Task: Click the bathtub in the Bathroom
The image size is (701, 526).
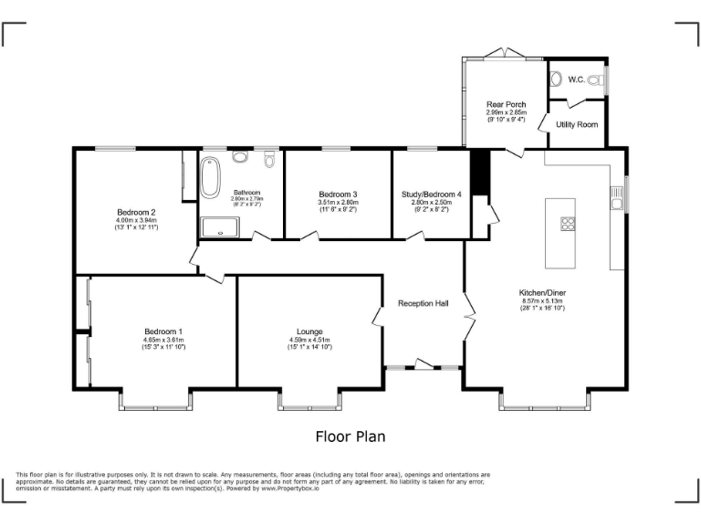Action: tap(211, 178)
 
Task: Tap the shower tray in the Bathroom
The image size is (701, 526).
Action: tap(218, 226)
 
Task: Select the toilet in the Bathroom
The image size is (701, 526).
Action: tap(269, 160)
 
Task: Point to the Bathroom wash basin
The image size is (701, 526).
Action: tap(240, 157)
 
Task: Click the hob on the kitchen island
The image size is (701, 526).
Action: tap(567, 223)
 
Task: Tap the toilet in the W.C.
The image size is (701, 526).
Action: tap(595, 80)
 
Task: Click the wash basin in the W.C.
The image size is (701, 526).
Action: tap(557, 79)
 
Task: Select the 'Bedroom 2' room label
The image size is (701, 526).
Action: tap(135, 212)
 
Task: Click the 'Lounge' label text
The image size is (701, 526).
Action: tap(309, 331)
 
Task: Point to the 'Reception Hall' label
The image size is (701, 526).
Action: tap(423, 303)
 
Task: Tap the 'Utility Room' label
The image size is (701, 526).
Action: tap(577, 123)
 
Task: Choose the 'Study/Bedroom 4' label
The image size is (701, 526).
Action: tap(432, 194)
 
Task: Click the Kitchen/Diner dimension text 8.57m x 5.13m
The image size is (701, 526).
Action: tap(542, 300)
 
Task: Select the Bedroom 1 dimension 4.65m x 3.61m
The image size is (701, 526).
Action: tap(163, 340)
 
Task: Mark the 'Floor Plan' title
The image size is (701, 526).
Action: tap(350, 437)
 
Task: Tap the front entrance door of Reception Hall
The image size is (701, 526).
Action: tap(423, 366)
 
